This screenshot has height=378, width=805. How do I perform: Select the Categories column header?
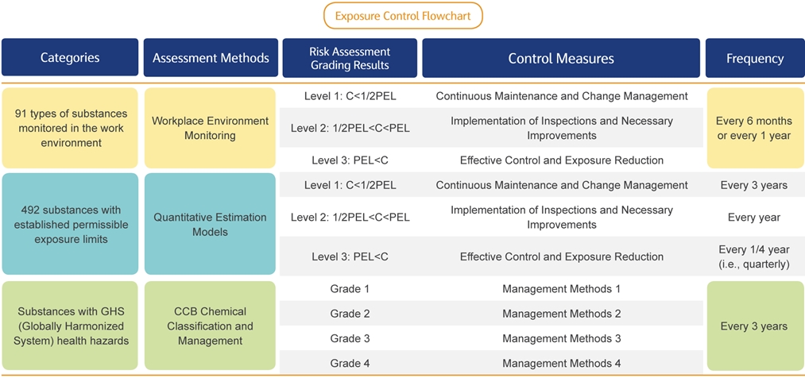pos(70,57)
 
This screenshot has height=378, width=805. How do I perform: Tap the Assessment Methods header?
pos(211,57)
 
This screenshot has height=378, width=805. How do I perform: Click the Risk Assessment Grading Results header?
pos(350,57)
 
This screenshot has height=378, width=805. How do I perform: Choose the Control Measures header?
pos(561,57)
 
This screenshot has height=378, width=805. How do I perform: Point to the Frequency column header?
pos(755,57)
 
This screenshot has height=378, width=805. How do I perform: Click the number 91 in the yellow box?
pos(22,114)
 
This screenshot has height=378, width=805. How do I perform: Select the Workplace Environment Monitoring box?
pos(210,128)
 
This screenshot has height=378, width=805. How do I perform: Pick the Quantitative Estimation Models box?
pos(210,224)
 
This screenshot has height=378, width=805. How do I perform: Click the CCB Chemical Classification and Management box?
pos(210,326)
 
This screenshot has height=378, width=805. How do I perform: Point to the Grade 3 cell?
pos(350,338)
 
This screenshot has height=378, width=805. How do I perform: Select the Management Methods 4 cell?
pos(562,364)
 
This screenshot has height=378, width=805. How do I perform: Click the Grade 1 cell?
pos(350,289)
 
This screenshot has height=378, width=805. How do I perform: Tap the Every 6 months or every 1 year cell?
pos(755,128)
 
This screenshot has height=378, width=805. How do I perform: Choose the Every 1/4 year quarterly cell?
pos(754,256)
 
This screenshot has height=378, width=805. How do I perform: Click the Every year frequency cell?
pos(754,218)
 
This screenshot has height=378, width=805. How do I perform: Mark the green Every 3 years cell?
pos(755,326)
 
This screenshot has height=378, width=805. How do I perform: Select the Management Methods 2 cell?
pos(562,314)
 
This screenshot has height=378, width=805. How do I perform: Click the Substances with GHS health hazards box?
pos(70,326)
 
